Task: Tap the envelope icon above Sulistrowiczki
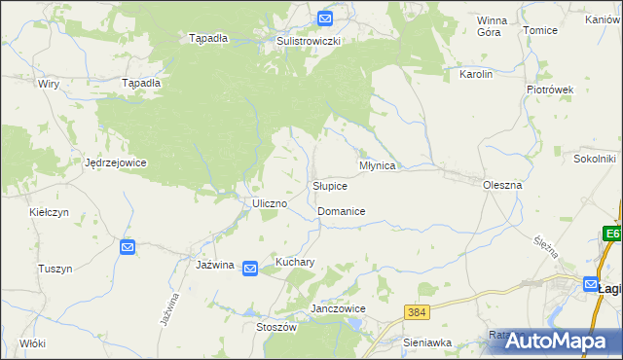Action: click(324, 18)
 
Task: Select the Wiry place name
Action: click(49, 85)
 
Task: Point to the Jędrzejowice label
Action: click(115, 162)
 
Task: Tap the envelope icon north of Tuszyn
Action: click(128, 248)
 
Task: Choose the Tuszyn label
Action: click(55, 269)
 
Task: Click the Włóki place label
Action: click(32, 343)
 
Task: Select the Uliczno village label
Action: click(269, 203)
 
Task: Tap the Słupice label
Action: click(330, 186)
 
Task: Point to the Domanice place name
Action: click(341, 211)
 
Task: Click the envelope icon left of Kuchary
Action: click(250, 269)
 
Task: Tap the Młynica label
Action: click(377, 165)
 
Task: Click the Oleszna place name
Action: click(503, 184)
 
